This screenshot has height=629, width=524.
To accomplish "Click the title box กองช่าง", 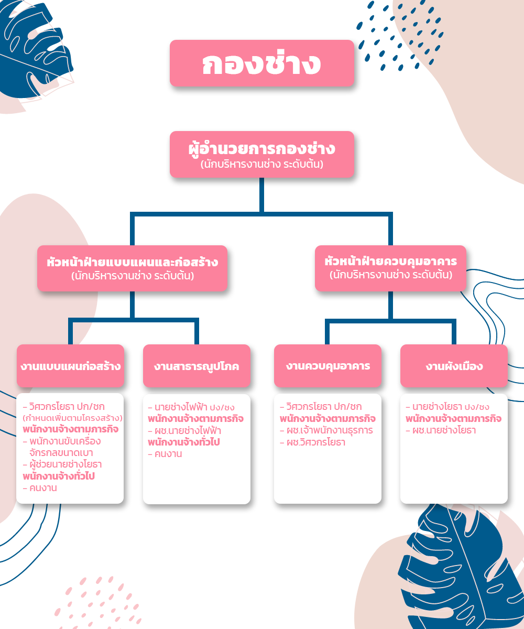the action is (x=261, y=63).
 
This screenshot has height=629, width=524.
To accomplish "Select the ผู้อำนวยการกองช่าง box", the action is (x=261, y=154).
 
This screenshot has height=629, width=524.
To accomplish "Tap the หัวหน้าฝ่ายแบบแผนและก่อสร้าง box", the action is (x=132, y=268).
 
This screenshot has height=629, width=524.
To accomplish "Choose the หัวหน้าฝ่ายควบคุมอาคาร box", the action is (x=390, y=268).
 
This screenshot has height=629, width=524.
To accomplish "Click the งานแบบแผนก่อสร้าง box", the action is (x=70, y=366).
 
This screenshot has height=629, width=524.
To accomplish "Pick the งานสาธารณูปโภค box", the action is (x=196, y=366).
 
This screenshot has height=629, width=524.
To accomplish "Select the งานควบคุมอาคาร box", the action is (x=327, y=366).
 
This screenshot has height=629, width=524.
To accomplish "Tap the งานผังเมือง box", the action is (x=454, y=366).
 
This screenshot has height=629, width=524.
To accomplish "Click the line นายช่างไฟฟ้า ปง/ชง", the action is (x=191, y=407).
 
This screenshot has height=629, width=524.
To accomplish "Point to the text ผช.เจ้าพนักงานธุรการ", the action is (x=326, y=430).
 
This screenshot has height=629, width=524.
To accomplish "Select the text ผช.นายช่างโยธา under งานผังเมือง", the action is (x=441, y=430).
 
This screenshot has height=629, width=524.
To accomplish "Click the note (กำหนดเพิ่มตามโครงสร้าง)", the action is (x=73, y=418).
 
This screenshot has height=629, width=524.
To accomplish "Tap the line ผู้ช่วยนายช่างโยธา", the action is (x=62, y=464).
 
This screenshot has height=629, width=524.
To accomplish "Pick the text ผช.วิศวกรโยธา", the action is (x=313, y=442).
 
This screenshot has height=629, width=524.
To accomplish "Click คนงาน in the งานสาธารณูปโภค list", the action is (x=165, y=454).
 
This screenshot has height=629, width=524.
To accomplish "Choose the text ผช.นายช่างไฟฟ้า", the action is (x=184, y=431).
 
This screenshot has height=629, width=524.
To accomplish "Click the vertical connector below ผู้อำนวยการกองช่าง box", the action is (x=261, y=195).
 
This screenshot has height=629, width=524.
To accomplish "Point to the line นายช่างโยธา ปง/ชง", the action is (x=447, y=407).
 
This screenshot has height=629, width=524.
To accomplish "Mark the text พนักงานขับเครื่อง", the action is (x=62, y=441).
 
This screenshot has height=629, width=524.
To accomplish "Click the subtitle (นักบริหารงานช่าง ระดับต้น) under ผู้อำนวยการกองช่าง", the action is (x=261, y=164).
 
